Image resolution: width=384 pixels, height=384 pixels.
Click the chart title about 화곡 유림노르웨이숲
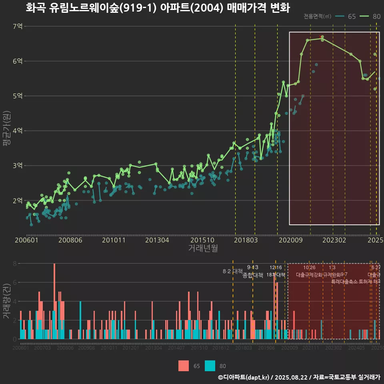click(x=158, y=8)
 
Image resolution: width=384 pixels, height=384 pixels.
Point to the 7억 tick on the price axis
click(x=18, y=26)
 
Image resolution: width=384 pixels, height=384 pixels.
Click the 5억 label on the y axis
click(x=18, y=96)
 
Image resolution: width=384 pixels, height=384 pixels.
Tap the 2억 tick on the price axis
click(x=18, y=200)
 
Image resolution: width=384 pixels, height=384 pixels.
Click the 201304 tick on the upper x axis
click(x=157, y=240)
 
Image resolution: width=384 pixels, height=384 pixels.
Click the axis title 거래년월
click(x=203, y=248)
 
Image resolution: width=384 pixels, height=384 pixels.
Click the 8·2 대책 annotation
click(x=232, y=271)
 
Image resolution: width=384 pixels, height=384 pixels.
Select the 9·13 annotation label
click(x=252, y=267)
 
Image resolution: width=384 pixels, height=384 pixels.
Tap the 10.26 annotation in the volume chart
click(x=309, y=267)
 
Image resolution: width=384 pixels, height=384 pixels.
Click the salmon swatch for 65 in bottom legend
click(x=184, y=366)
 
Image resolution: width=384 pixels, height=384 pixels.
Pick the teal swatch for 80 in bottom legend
click(x=210, y=366)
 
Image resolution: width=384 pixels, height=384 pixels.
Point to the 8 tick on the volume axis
click(x=15, y=264)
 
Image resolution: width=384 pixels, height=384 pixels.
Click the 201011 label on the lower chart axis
click(x=109, y=348)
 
